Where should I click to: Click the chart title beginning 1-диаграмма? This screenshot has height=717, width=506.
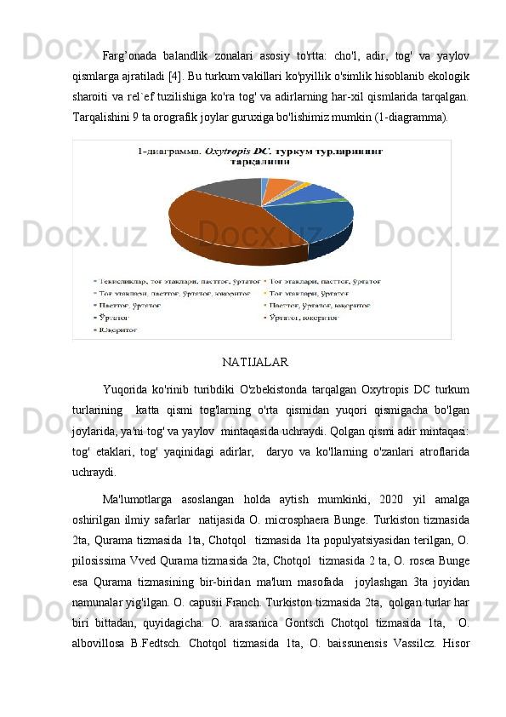click(260, 155)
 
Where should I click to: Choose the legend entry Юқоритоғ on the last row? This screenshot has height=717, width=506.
click(123, 327)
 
